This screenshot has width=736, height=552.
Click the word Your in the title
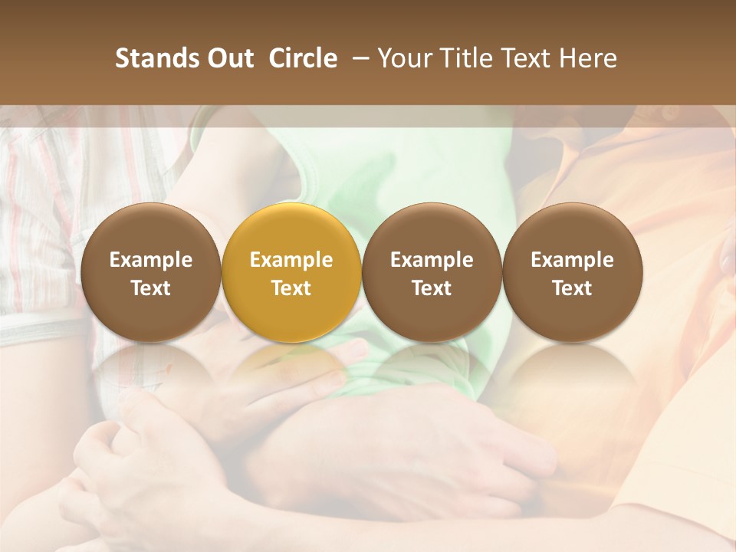click(x=405, y=58)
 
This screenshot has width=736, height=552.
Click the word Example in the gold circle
click(x=291, y=260)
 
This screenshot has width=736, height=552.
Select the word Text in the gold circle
click(x=291, y=288)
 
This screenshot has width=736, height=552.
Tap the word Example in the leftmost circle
click(x=151, y=260)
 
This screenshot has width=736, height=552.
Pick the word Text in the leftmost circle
click(x=151, y=288)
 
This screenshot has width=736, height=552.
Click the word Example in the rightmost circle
click(x=572, y=260)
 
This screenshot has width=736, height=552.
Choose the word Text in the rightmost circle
click(x=572, y=288)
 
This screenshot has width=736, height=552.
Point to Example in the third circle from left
click(x=432, y=260)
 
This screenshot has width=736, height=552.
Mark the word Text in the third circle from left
click(x=432, y=288)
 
